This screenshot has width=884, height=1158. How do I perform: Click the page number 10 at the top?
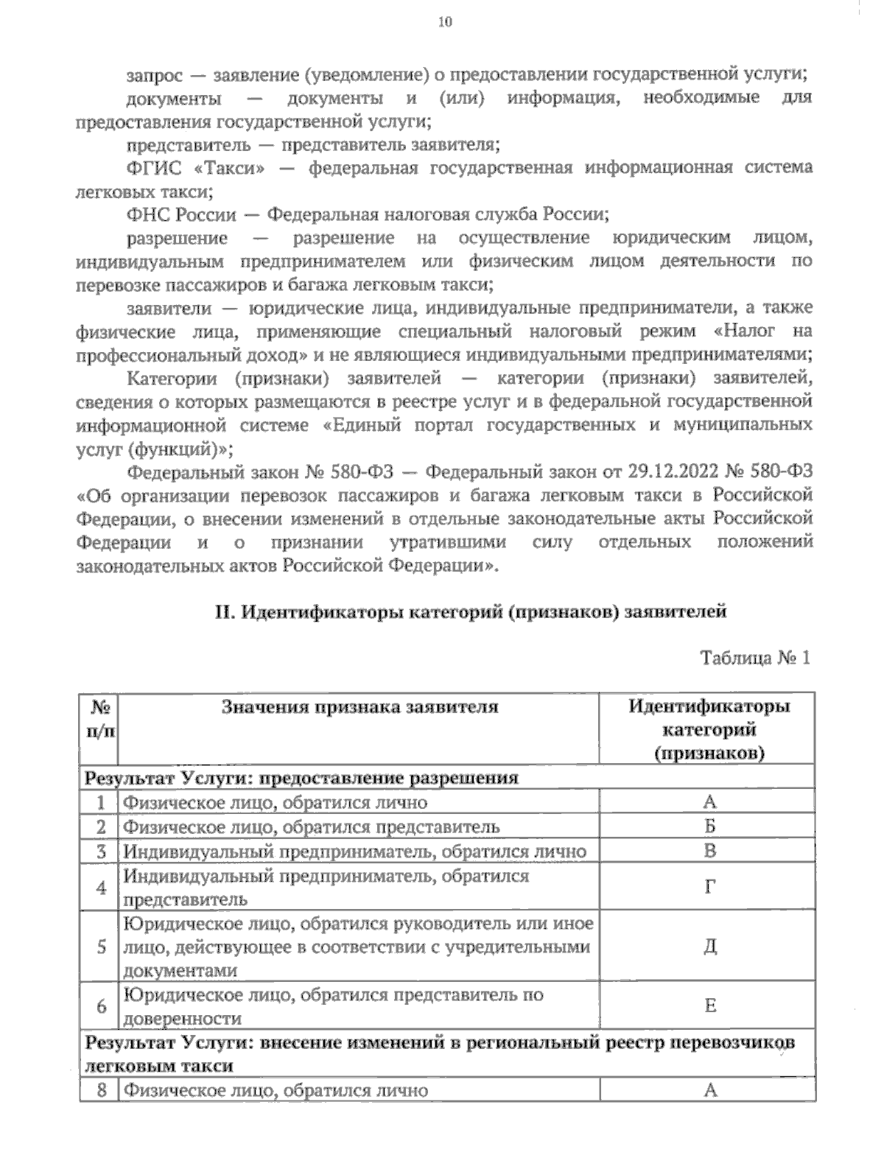click(x=445, y=21)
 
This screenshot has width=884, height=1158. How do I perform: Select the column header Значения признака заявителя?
click(x=359, y=707)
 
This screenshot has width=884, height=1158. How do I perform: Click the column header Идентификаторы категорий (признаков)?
click(x=709, y=729)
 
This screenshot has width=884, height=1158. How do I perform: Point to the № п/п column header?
click(x=99, y=718)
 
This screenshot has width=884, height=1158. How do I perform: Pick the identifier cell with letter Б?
click(x=709, y=827)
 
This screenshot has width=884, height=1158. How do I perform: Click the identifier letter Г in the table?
click(x=709, y=887)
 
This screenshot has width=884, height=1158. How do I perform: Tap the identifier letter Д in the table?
click(x=709, y=946)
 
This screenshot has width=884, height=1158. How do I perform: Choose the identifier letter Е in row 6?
click(x=709, y=1006)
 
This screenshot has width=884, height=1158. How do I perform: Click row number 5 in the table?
click(x=101, y=947)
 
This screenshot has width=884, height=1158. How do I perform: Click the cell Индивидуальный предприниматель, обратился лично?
click(x=355, y=852)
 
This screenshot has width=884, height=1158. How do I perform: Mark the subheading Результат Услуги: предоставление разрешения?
click(x=302, y=778)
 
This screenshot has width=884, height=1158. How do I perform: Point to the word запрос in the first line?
click(x=153, y=74)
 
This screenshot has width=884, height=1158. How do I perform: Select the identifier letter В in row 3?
click(x=709, y=851)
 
